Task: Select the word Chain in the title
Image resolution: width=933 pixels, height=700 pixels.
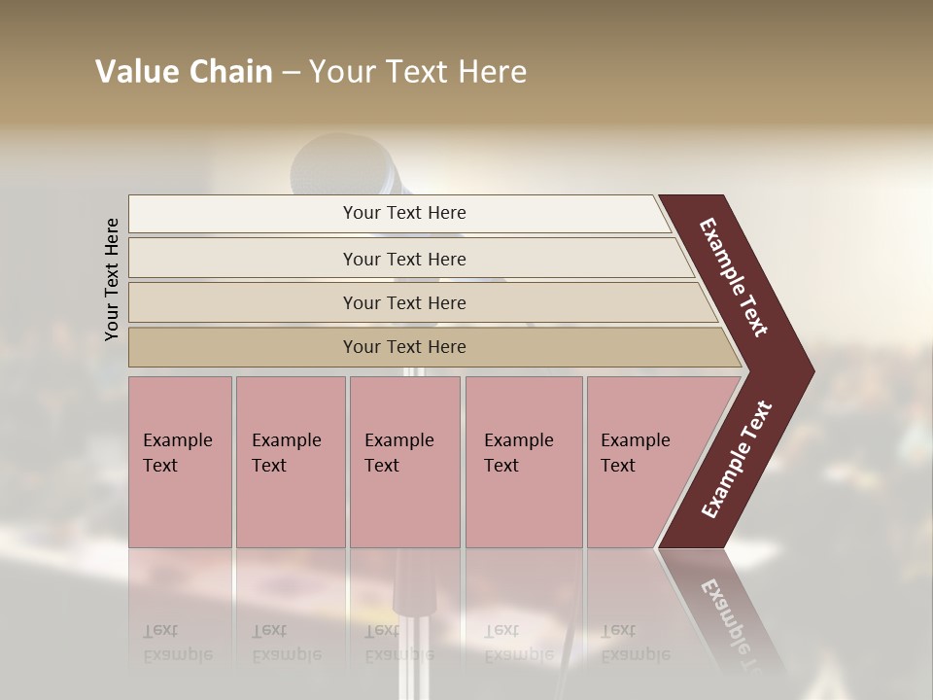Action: [231, 72]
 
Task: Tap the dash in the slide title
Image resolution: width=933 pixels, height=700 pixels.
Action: [291, 73]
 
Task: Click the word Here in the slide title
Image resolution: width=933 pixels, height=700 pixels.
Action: [492, 72]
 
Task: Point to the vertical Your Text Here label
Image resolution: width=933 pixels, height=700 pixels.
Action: [112, 280]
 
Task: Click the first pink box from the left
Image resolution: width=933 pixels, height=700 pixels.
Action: [180, 462]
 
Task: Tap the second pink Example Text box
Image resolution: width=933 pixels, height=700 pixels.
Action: [290, 462]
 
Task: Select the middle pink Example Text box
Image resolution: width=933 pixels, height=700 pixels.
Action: [404, 462]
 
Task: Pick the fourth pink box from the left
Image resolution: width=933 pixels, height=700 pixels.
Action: [524, 462]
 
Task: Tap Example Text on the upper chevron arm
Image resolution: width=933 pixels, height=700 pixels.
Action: [734, 277]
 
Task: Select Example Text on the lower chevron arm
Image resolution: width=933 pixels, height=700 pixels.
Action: [737, 460]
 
